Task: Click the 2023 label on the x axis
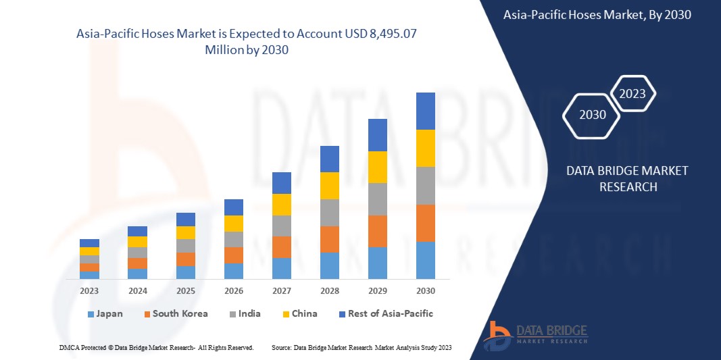pos(89,290)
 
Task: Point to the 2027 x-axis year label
pos(281,290)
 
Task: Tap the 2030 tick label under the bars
pos(425,290)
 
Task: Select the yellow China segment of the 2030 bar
pos(425,148)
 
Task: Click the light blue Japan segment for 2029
pos(377,263)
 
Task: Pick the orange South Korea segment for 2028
pos(329,239)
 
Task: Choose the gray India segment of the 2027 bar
pos(281,226)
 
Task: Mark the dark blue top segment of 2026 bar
pos(233,207)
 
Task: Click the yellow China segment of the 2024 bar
pos(137,242)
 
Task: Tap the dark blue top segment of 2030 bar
pos(425,111)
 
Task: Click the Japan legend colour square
pos(91,314)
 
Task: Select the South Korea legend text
pos(180,313)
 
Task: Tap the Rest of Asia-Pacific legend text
pos(391,313)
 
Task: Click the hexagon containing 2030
pos(593,115)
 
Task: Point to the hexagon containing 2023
pos(632,94)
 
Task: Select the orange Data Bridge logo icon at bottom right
pos(499,334)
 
